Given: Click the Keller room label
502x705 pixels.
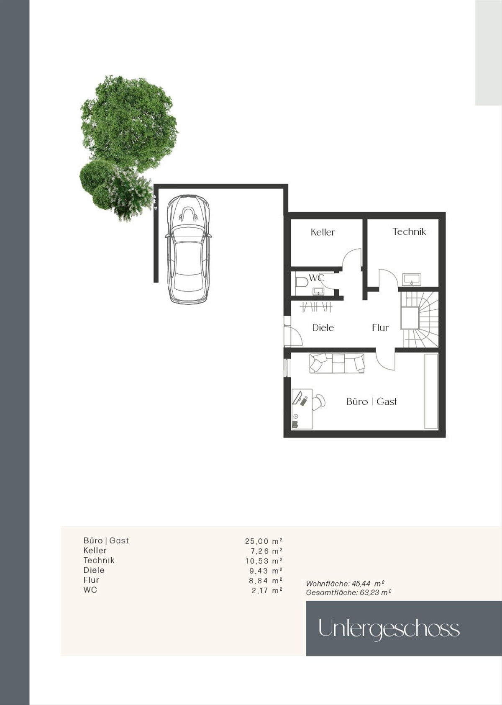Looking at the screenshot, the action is pos(323,232).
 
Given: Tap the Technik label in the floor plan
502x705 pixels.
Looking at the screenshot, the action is pos(409,232).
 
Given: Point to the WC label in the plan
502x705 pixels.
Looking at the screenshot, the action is pos(316,278).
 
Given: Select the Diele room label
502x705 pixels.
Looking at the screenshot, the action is pos(323,328).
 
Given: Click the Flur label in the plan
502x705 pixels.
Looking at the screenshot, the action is pos(380,328).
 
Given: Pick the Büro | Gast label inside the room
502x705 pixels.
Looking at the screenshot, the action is pos(371,401).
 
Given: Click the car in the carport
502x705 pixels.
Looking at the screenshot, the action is pos(188,249).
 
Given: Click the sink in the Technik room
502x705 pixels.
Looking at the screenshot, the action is pos(412,279).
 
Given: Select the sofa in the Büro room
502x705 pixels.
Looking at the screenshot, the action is pos(337,363).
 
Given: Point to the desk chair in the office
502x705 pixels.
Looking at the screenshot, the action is pos(319,403).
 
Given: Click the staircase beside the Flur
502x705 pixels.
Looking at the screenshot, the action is pos(419,319).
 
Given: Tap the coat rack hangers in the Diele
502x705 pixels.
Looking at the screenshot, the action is pos(316,307).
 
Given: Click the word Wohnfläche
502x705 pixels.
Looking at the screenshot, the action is pos(328,584).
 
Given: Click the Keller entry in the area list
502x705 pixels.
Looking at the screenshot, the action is pos(95,551).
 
